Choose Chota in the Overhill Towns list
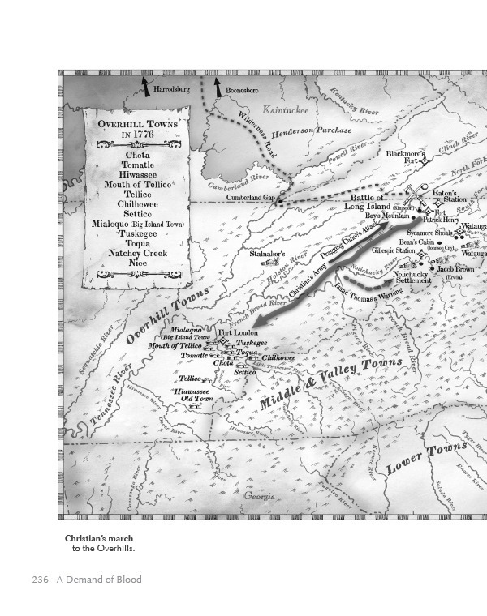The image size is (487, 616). coord(137,155)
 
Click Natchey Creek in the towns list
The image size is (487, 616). coord(137,253)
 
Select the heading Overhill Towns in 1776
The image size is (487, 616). coord(137,129)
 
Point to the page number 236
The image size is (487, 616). coord(41,580)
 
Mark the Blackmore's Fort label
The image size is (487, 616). coord(406,156)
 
